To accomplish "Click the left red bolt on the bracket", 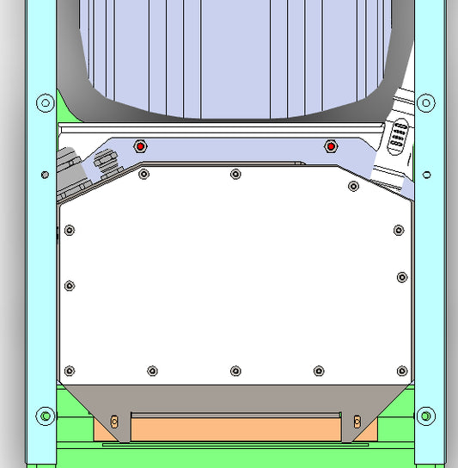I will click(140, 146).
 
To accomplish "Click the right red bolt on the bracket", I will click(330, 147).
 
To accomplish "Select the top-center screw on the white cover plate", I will click(235, 175).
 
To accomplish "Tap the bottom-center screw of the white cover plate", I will click(235, 371).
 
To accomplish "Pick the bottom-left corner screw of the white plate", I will click(70, 371).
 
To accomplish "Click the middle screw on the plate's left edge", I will click(70, 286).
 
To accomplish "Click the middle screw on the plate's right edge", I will click(401, 277).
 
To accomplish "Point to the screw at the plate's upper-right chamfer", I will click(352, 186).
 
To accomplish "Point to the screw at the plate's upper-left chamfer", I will click(144, 175).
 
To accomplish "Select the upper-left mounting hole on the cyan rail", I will click(45, 103).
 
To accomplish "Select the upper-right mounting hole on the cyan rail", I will click(424, 103).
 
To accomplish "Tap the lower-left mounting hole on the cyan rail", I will click(45, 416).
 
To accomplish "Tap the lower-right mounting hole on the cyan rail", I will click(424, 416).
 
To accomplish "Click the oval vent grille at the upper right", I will click(398, 138).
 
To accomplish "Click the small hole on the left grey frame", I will click(45, 175).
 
